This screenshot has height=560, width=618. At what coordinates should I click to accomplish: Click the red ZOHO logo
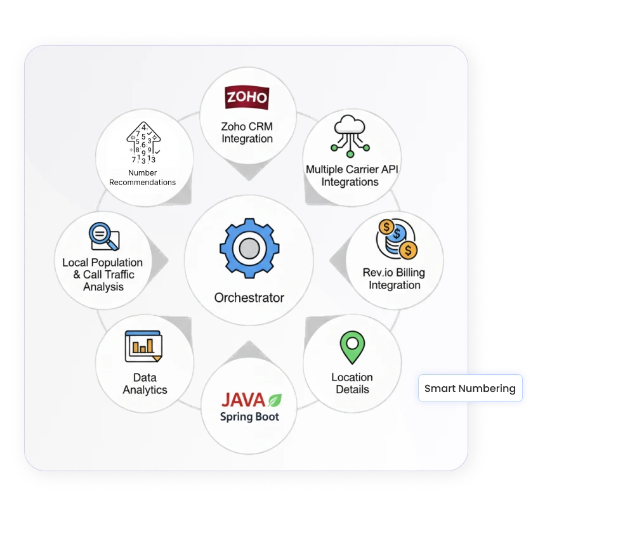click(x=247, y=98)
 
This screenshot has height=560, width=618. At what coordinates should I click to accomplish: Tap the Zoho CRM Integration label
click(x=247, y=133)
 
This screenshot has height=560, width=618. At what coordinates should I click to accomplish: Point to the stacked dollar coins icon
click(x=397, y=239)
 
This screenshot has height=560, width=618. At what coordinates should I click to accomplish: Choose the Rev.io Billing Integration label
click(x=394, y=278)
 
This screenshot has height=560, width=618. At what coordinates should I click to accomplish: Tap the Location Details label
click(x=352, y=383)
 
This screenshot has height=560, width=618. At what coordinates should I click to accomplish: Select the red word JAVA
click(x=242, y=400)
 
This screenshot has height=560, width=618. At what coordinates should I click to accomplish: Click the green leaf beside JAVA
click(x=275, y=400)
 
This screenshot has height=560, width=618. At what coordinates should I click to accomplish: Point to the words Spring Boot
click(x=249, y=417)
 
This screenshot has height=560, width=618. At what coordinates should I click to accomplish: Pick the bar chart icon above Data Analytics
click(x=143, y=346)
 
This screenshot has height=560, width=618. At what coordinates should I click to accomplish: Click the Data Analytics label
click(x=145, y=384)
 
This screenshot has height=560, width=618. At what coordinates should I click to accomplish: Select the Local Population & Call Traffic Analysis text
click(x=103, y=275)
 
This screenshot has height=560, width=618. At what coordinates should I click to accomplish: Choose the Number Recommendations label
click(x=143, y=178)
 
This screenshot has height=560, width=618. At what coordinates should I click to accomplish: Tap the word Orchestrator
click(x=249, y=297)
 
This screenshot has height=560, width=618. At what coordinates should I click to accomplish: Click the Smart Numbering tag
click(x=470, y=388)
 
